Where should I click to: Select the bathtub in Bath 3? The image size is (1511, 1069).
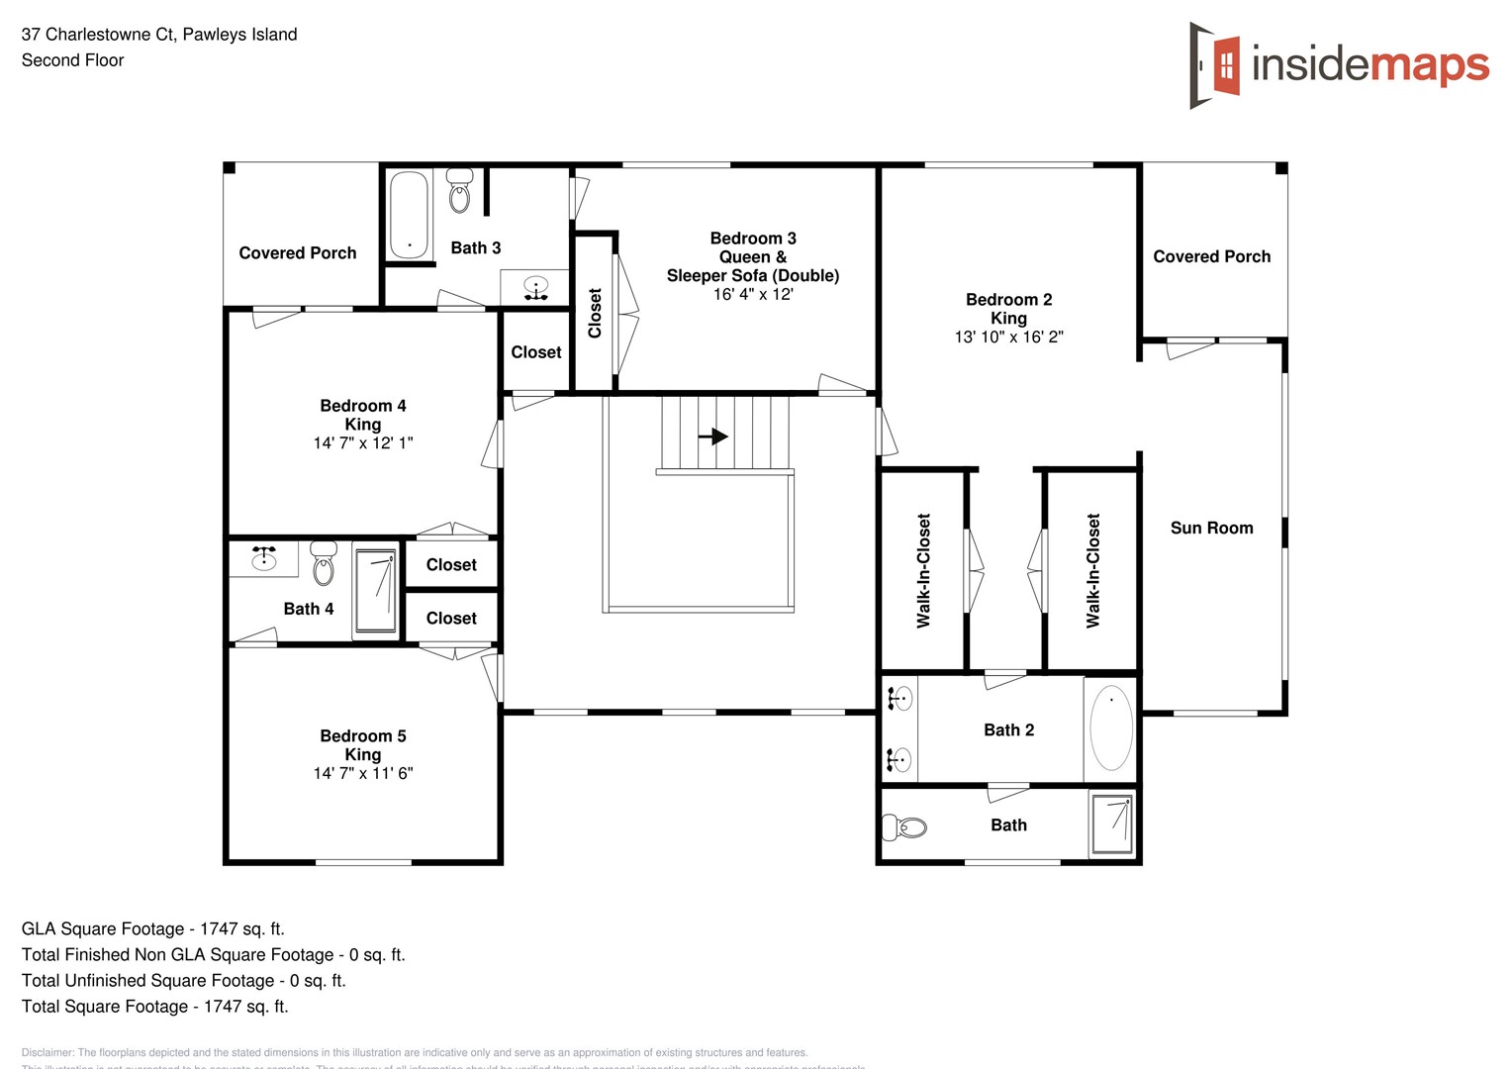tap(409, 215)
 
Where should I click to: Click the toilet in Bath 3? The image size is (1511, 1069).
tap(459, 192)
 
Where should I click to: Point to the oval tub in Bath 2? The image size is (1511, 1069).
tap(1111, 728)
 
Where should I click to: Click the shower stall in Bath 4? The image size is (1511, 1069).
tap(375, 590)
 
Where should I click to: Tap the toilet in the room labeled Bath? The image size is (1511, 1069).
tap(904, 826)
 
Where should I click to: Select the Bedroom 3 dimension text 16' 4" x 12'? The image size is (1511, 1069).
tap(753, 294)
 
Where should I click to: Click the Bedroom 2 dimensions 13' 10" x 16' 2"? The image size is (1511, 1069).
tap(1008, 337)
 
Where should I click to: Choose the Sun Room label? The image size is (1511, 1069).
tap(1211, 528)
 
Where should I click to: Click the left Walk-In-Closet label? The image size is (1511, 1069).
tap(923, 570)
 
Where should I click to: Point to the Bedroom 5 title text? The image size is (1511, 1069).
tap(363, 735)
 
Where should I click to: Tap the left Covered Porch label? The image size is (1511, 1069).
tap(298, 252)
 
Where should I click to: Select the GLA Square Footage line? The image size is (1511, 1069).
tap(153, 928)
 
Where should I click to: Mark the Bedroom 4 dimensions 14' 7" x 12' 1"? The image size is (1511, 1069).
tap(363, 442)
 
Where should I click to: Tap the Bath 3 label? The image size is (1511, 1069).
tap(476, 247)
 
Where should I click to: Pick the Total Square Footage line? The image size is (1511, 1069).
tap(155, 1006)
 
